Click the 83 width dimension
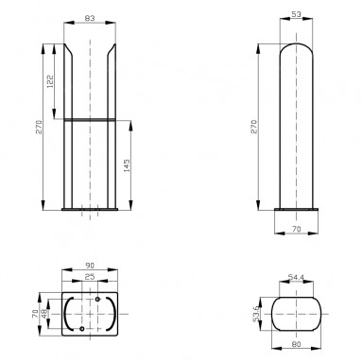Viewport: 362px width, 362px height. click(x=90, y=18)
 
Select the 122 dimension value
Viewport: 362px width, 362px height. click(x=50, y=81)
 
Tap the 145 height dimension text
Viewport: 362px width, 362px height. click(x=127, y=165)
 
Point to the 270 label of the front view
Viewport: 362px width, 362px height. click(x=39, y=127)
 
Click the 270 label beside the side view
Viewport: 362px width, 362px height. click(x=254, y=127)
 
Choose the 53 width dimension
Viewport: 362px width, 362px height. click(x=297, y=14)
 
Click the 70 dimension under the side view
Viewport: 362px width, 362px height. click(x=297, y=230)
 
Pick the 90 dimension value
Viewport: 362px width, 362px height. click(x=90, y=266)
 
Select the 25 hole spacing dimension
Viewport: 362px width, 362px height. click(x=90, y=277)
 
